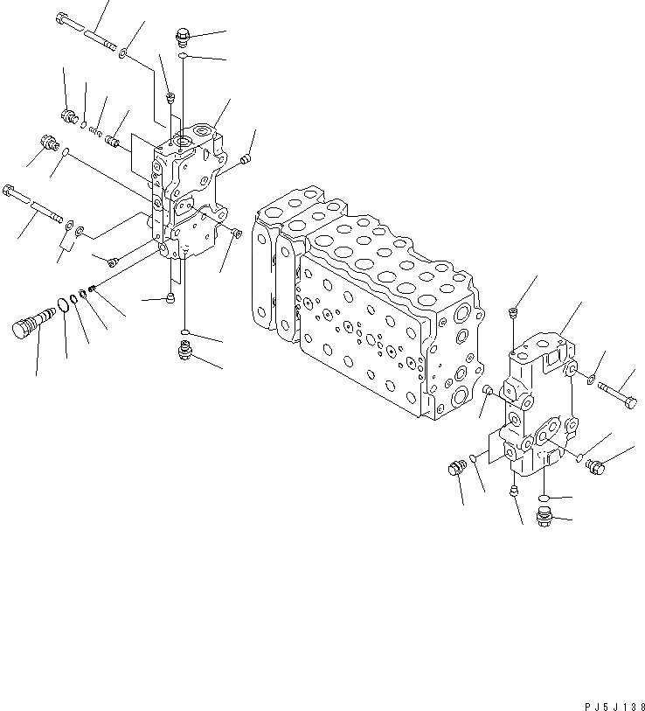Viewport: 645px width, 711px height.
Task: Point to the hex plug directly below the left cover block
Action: [x=183, y=352]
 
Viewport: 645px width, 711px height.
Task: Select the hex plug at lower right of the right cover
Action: [x=595, y=467]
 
